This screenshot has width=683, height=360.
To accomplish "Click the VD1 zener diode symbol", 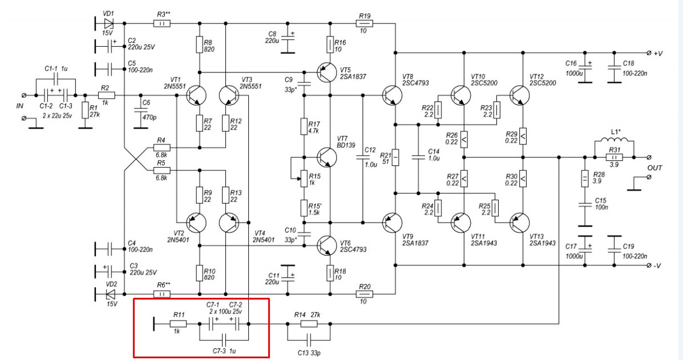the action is pos(108,23).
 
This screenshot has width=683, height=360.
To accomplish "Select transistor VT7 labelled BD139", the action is pos(327,157).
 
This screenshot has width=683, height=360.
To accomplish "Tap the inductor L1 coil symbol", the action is pos(615,140).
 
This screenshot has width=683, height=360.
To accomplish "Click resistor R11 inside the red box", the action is pos(178,324).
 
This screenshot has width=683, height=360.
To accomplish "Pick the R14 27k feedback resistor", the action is pos(309,324).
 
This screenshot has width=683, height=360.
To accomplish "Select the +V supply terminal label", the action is pos(654,53).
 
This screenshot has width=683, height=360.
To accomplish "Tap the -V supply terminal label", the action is pos(654,265).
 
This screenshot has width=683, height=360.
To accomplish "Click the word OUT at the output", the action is pos(654,168).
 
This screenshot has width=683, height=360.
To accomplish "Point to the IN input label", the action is pos(20,106).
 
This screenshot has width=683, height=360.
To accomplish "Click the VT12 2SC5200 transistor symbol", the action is pos(520,96).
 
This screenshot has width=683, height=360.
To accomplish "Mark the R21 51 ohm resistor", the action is pos(395,157).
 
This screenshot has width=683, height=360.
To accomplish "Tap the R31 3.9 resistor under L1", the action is pos(615,157).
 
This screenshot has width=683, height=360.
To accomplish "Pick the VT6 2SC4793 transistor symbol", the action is pos(327,245).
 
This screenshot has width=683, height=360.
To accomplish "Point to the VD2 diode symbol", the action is pos(110,294).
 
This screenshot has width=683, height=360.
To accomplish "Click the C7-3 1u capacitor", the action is pos(224,339).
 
